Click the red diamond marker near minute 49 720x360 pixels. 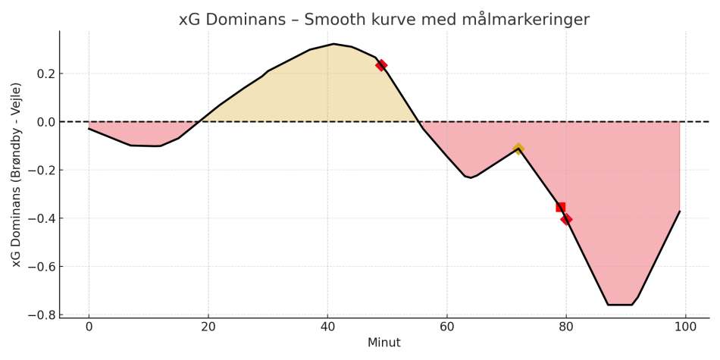[381, 65]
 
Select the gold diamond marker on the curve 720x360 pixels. [518, 149]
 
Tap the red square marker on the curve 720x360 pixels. [561, 207]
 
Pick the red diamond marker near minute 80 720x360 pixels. [566, 219]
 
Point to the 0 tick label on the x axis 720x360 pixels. [89, 327]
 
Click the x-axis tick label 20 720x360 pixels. [208, 327]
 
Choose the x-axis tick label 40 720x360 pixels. [327, 327]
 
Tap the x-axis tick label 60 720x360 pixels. [447, 327]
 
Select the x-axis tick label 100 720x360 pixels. [686, 327]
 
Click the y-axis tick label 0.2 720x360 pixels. [45, 74]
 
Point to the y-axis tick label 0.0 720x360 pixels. [45, 122]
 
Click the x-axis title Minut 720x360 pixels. [383, 343]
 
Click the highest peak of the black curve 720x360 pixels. [333, 44]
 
